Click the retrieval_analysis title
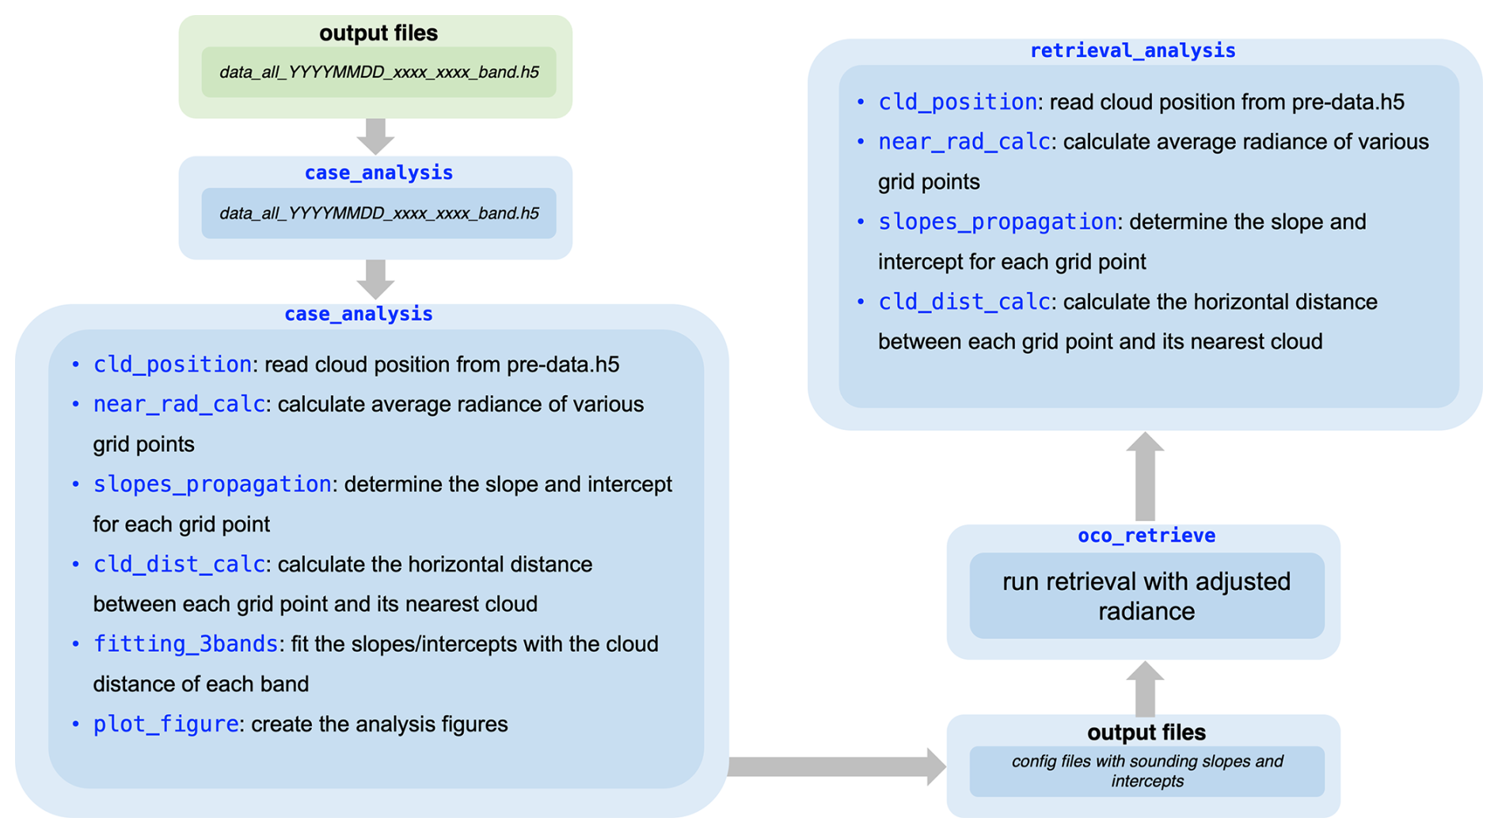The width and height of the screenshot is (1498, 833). coord(1132,51)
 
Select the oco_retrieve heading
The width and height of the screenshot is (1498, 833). coord(1146,536)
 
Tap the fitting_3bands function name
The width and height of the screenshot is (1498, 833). coord(185,645)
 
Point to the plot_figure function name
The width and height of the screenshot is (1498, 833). coord(165,725)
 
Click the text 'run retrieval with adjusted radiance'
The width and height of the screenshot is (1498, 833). coord(1146,596)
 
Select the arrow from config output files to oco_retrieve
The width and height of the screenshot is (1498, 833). coord(1145,688)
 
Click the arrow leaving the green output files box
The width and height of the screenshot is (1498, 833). coord(376,135)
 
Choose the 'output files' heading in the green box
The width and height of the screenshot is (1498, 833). coord(378,33)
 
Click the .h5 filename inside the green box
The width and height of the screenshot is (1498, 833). coord(378,73)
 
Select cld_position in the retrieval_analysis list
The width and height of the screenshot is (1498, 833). coord(957,103)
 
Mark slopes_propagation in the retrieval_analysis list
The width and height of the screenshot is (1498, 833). coord(997,223)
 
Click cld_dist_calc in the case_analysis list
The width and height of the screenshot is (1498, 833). coord(179,565)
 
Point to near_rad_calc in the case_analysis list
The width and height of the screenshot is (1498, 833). coord(179,405)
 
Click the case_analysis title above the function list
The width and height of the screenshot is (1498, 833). coord(358,314)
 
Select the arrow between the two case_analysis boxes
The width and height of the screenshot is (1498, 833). coord(376,279)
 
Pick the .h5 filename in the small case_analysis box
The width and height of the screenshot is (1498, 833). coord(378,214)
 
